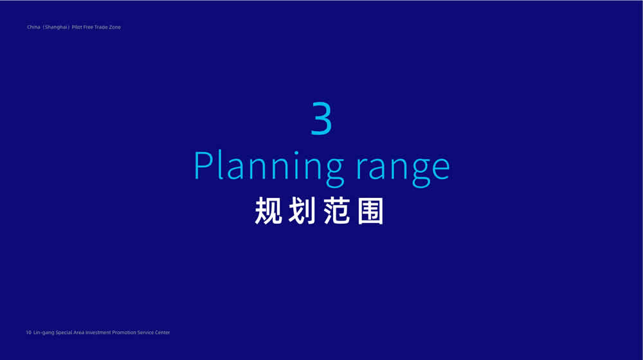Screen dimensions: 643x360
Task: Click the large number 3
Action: pyautogui.click(x=321, y=118)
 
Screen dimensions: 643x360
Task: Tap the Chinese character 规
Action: pyautogui.click(x=269, y=211)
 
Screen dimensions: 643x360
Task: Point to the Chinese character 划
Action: pyautogui.click(x=302, y=211)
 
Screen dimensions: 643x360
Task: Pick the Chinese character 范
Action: pyautogui.click(x=337, y=211)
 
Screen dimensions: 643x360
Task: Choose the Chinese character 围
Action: pyautogui.click(x=370, y=211)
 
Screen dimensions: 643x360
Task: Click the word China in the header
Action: pyautogui.click(x=33, y=27)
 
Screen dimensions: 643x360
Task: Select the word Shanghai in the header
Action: pyautogui.click(x=56, y=27)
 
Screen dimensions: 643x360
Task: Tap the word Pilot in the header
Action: pyautogui.click(x=77, y=27)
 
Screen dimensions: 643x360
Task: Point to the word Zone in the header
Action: pyautogui.click(x=115, y=27)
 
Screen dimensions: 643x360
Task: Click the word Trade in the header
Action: pyautogui.click(x=101, y=27)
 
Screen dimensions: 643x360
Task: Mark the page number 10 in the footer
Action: pyautogui.click(x=29, y=332)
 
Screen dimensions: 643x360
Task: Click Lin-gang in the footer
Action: pyautogui.click(x=44, y=333)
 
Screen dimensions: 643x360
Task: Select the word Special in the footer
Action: pyautogui.click(x=64, y=333)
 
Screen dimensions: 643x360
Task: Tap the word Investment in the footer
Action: pyautogui.click(x=98, y=332)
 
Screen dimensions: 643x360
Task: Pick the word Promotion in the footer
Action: pyautogui.click(x=124, y=332)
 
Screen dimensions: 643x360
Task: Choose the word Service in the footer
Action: pyautogui.click(x=145, y=332)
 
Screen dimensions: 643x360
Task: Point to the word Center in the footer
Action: pyautogui.click(x=163, y=332)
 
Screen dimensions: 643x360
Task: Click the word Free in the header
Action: pyautogui.click(x=88, y=27)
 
